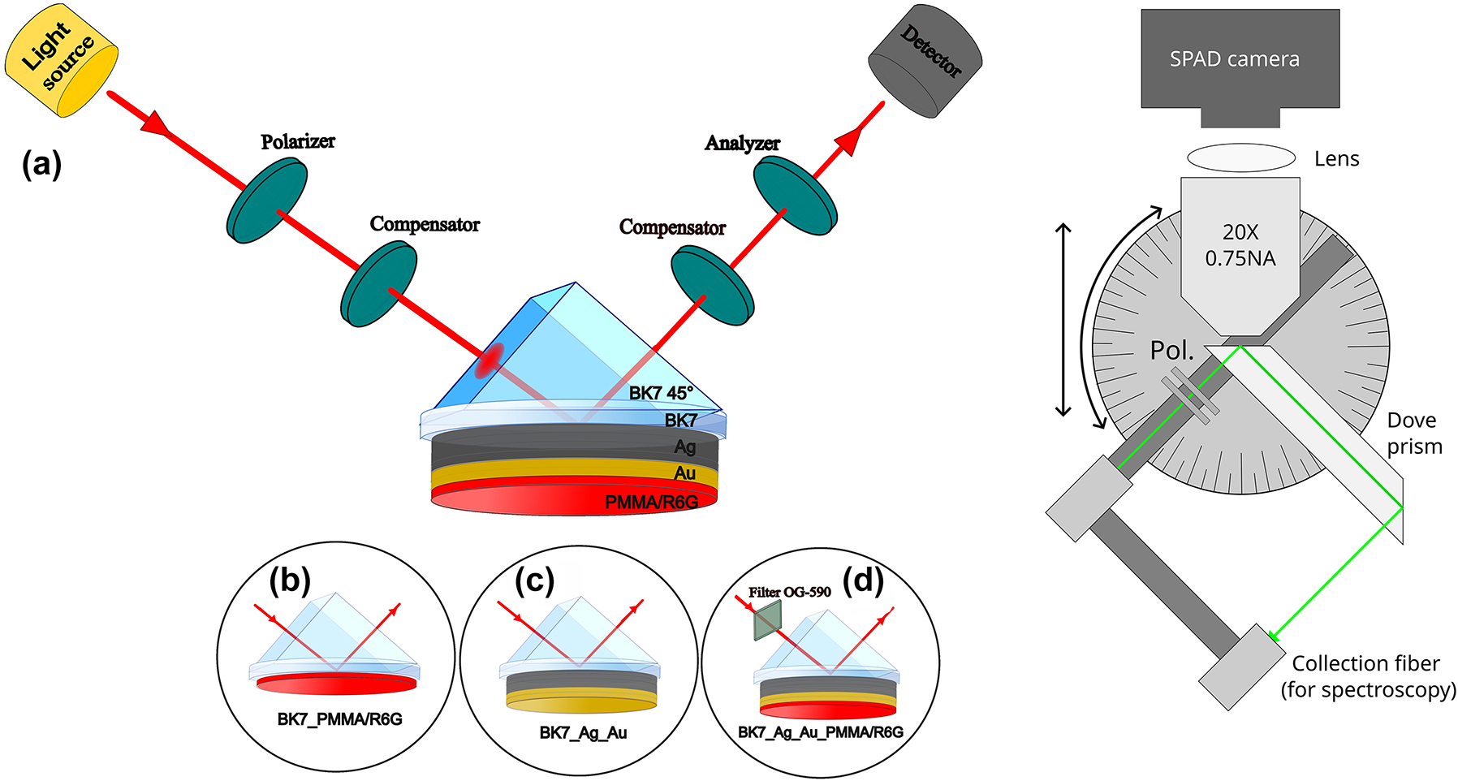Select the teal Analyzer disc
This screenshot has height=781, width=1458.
pos(796,196)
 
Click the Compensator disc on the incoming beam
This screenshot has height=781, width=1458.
pos(378,284)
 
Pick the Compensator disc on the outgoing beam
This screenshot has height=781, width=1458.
pos(713,287)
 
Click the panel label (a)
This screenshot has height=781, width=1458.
pos(41,165)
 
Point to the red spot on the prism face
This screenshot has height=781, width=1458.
pos(490,361)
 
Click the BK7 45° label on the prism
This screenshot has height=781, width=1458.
pos(661,393)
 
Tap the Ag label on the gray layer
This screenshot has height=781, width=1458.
pos(684,447)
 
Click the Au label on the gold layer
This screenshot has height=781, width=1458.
pos(684,473)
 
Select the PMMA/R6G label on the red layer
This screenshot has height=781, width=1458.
pos(651,503)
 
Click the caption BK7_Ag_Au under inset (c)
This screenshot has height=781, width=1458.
pos(583,733)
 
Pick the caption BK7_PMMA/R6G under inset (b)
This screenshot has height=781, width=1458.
pos(339,719)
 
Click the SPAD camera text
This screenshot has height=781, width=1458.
pos(1234,59)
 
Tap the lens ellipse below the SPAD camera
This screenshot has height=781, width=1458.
pos(1240,157)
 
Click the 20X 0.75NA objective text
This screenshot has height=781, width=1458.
pos(1240,245)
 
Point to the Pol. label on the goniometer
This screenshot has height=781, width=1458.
pos(1171,351)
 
